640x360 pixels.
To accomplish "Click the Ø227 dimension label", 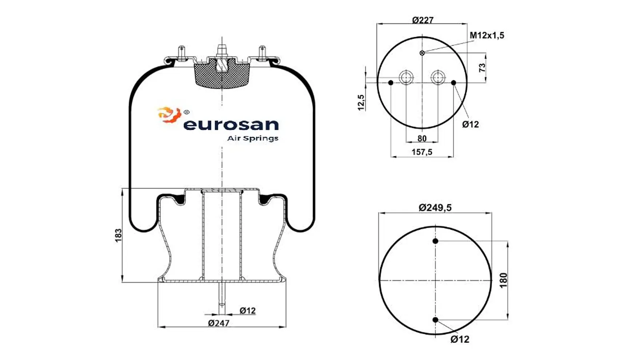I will point(422,20).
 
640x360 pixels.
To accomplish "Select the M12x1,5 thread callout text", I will point(486,35).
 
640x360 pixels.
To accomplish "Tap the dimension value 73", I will point(482,67).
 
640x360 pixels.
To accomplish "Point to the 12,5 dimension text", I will point(361,102).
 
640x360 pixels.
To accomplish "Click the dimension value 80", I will point(422,138).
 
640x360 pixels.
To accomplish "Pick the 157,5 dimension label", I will point(422,152).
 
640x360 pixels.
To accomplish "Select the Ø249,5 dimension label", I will point(435,207).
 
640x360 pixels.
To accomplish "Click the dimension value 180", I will point(503,280).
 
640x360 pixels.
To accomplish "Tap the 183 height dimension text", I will point(118,236).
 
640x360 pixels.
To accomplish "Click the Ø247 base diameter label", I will point(219,323).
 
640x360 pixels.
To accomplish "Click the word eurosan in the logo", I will point(231,124).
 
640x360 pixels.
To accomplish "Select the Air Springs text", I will point(253,138).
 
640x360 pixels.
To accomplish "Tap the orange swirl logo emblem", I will point(169,114).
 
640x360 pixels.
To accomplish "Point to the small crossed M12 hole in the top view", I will point(422,53).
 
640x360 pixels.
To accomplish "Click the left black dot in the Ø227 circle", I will point(391,83).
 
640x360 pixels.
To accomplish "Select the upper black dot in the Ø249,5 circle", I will point(435,241).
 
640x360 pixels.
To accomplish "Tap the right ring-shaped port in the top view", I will point(438,77).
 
